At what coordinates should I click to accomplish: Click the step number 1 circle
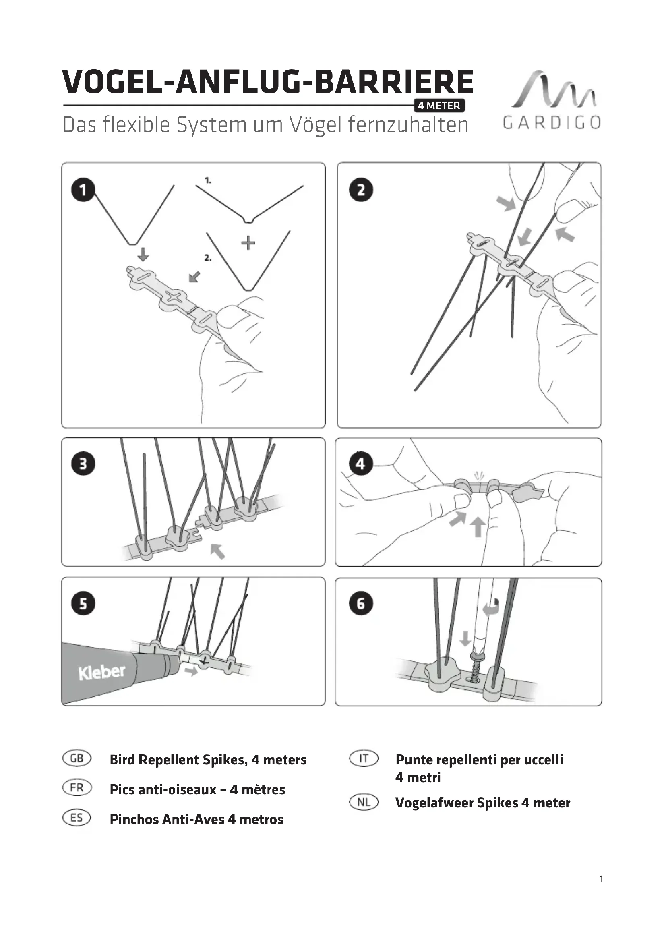point(83,190)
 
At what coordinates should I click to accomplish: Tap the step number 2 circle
point(361,190)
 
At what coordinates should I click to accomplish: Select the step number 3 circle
point(83,464)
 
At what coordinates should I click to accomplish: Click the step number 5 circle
point(83,604)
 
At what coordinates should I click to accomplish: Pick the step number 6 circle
point(361,604)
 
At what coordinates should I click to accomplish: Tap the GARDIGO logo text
point(552,123)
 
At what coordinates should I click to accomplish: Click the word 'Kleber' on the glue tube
point(102,672)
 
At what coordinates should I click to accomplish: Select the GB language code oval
point(77,758)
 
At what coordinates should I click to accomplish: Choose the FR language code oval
point(77,788)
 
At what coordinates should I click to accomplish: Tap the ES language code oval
point(77,818)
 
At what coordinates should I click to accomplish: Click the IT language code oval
point(364,758)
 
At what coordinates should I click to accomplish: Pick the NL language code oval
point(364,802)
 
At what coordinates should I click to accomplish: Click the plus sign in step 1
point(248,243)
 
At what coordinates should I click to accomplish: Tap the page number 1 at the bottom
point(601,891)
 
